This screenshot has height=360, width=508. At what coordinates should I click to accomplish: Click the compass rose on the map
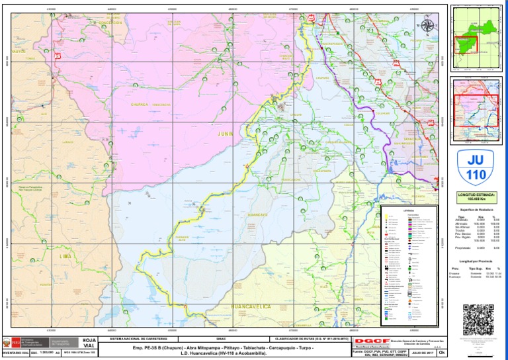(428, 26)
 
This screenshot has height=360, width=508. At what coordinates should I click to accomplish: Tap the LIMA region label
(65, 255)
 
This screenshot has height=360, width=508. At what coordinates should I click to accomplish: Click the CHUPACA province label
(139, 104)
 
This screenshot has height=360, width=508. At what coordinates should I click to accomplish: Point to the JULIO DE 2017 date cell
(421, 353)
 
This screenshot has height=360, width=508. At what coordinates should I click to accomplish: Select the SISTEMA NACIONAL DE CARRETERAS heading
(147, 337)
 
